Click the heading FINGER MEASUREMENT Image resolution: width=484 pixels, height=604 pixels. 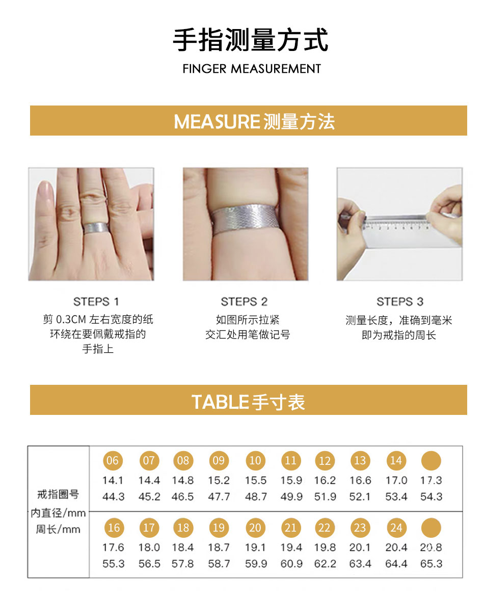click(252, 69)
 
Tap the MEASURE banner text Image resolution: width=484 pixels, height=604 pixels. click(254, 121)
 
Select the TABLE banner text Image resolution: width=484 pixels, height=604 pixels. click(248, 402)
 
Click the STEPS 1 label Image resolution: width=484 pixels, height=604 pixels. click(96, 301)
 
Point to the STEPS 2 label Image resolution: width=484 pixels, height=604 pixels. click(244, 301)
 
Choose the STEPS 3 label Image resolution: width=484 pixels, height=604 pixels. click(399, 301)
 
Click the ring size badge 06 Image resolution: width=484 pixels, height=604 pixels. click(113, 460)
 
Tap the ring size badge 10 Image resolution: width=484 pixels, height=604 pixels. click(255, 460)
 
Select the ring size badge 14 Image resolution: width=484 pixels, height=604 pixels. click(396, 460)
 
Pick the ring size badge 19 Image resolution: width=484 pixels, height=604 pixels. click(219, 528)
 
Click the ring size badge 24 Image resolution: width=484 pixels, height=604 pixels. click(396, 528)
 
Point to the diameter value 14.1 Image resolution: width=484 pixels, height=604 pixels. click(113, 480)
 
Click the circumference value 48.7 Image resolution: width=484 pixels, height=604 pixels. click(256, 496)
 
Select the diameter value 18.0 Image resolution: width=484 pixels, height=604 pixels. click(149, 547)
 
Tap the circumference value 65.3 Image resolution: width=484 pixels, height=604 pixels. click(431, 564)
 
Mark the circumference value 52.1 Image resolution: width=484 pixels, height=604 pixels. click(360, 496)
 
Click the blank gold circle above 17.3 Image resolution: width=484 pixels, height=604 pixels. click(431, 460)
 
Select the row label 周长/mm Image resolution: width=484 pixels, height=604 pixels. click(58, 529)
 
